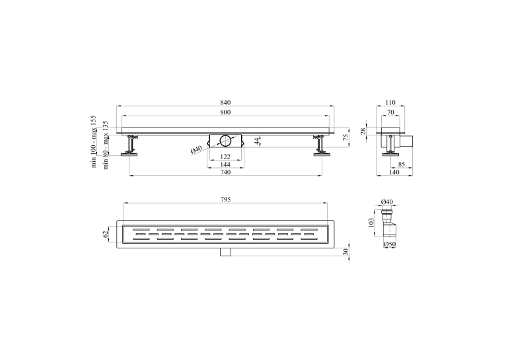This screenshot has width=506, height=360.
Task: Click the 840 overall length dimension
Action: tap(225, 102)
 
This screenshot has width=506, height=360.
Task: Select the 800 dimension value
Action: tap(225, 112)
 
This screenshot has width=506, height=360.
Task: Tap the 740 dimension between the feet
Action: tap(225, 172)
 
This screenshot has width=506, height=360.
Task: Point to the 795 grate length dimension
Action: tap(225, 199)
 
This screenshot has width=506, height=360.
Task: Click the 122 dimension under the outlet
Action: tap(225, 157)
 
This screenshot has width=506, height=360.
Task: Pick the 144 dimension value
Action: tap(225, 164)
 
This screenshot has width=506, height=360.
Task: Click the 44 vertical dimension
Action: tap(257, 141)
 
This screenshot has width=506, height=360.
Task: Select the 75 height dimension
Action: tap(345, 137)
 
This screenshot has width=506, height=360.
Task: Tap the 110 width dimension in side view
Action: tap(390, 102)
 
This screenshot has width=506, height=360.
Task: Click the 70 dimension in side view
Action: tap(390, 112)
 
